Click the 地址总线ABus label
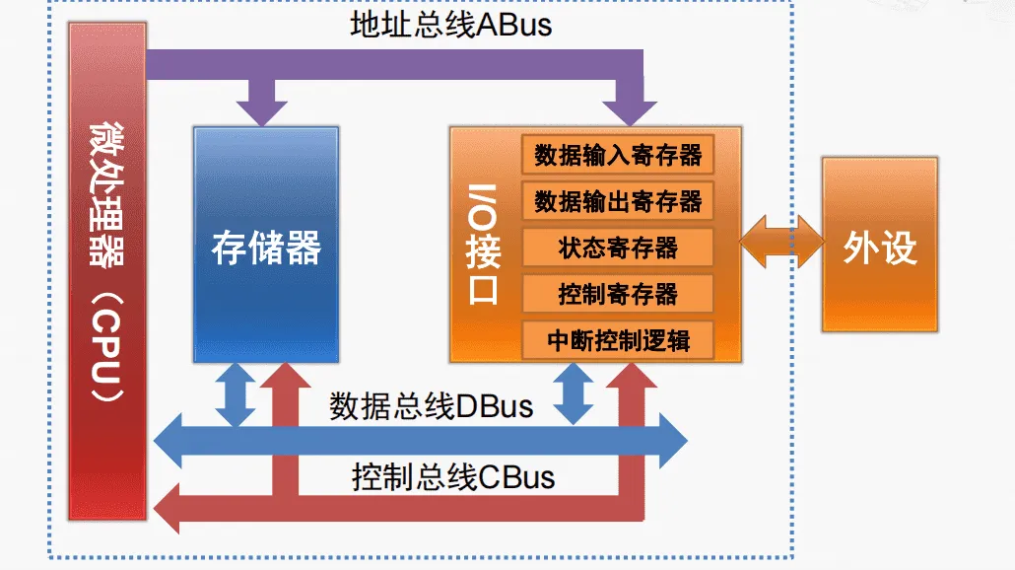tap(450, 24)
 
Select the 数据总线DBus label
tap(431, 405)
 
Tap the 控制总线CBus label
tap(452, 477)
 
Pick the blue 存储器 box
tap(266, 247)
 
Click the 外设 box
tap(879, 247)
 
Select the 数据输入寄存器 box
tap(618, 155)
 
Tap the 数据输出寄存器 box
tap(618, 201)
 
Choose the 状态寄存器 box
tap(618, 248)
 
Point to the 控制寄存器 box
tap(618, 294)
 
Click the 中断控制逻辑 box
tap(618, 340)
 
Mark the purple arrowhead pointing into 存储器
tap(261, 109)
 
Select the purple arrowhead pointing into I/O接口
tap(629, 109)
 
